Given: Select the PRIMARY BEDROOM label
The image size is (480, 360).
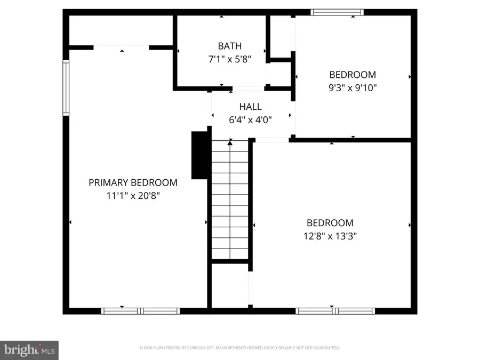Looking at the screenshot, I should pyautogui.click(x=133, y=182).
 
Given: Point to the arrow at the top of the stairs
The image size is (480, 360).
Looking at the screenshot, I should pyautogui.click(x=230, y=142).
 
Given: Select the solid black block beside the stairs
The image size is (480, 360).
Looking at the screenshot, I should pyautogui.click(x=198, y=155).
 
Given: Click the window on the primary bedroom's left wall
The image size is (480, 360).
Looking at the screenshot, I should pyautogui.click(x=66, y=88).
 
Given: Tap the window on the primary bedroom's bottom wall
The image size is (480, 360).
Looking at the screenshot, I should pyautogui.click(x=140, y=310).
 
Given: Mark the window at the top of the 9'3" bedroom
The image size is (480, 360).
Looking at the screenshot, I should pyautogui.click(x=337, y=12).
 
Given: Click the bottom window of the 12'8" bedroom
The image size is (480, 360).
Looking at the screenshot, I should pyautogui.click(x=335, y=310).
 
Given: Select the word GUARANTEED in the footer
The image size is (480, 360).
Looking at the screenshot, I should pyautogui.click(x=324, y=348).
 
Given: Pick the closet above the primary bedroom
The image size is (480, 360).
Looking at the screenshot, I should pyautogui.click(x=121, y=31).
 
